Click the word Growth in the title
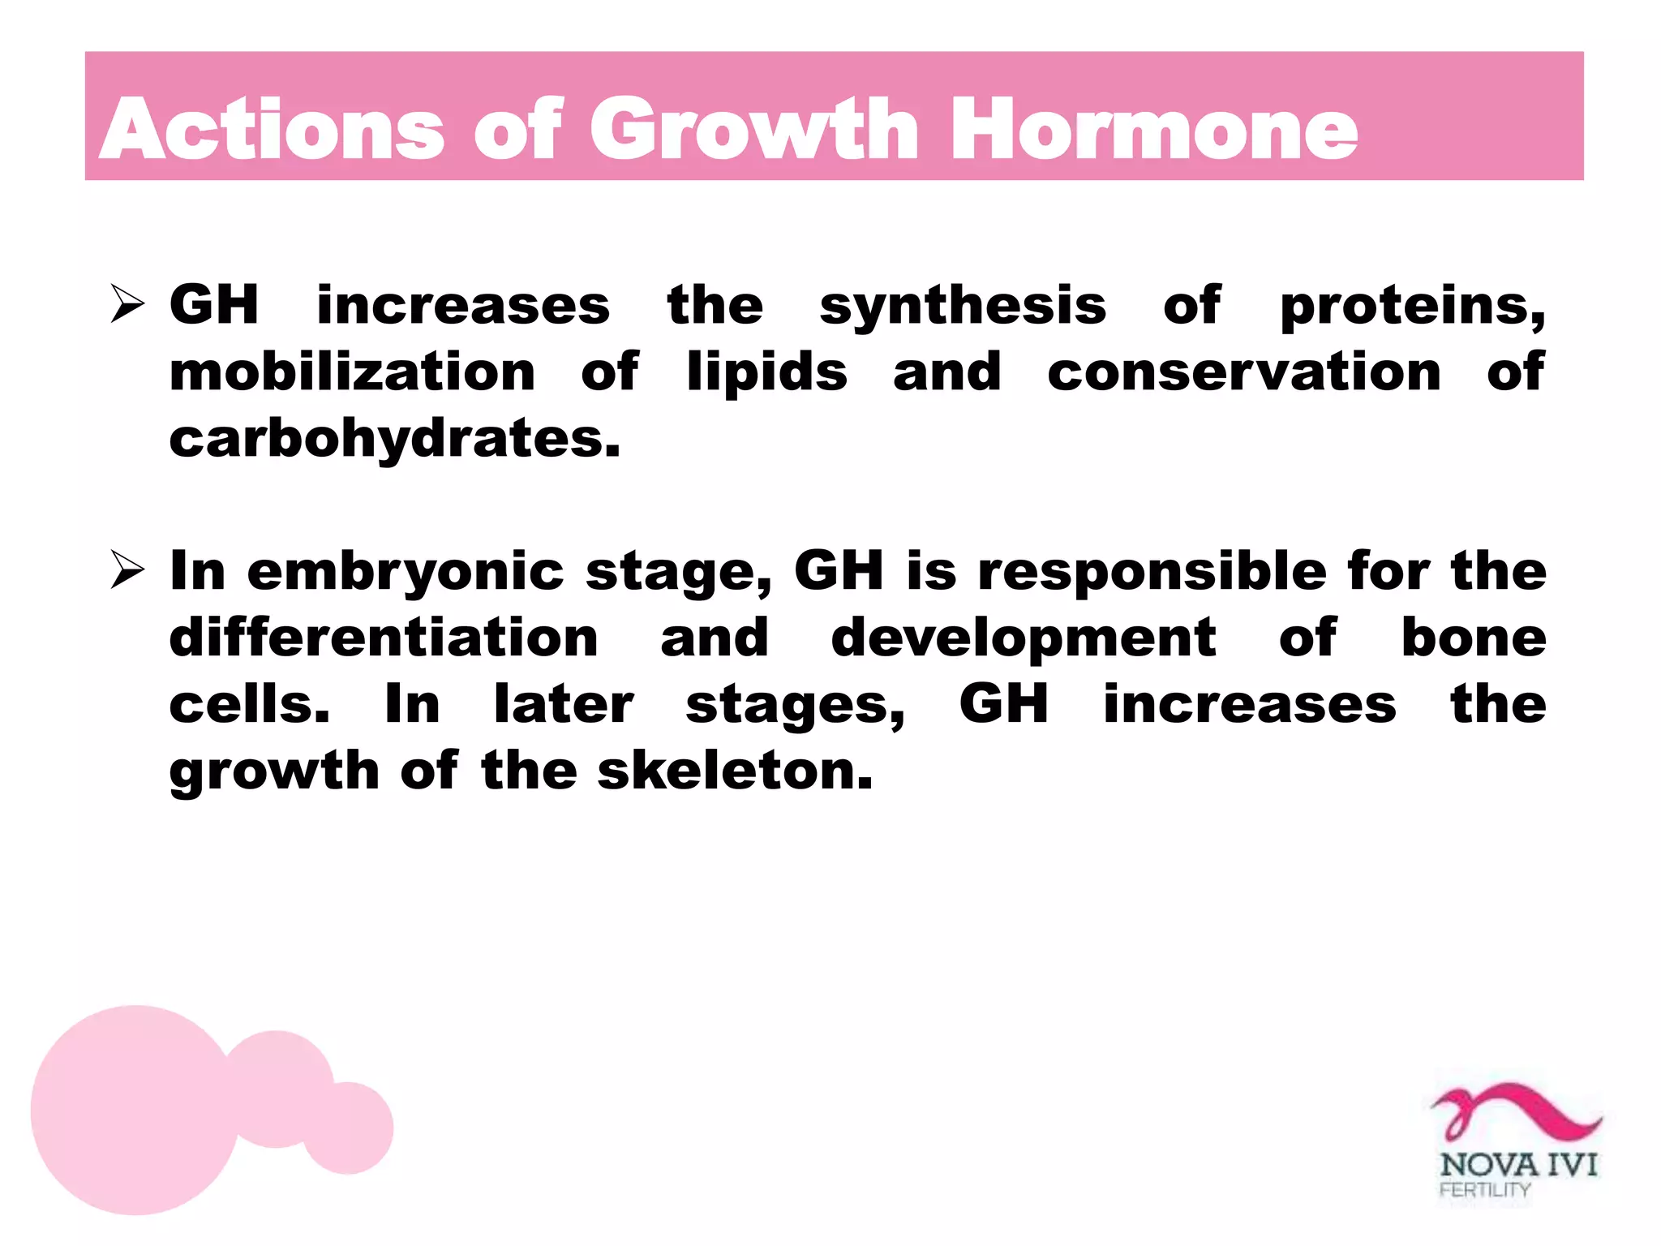tap(753, 130)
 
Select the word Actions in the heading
tap(272, 130)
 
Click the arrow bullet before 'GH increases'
tap(127, 305)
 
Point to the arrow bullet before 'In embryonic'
tap(127, 570)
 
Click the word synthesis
tap(963, 307)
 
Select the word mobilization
tap(352, 372)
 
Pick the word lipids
tap(766, 374)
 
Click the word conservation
tap(1244, 372)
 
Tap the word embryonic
tap(406, 573)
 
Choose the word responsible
tap(1152, 573)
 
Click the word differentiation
tap(384, 638)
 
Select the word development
tap(1023, 639)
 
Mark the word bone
tap(1474, 638)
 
